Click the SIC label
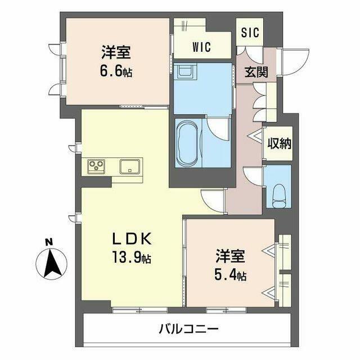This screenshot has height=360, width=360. click(250, 33)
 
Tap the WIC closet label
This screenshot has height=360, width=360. click(202, 47)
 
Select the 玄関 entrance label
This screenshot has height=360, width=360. click(256, 72)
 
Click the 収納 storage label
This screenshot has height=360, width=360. click(279, 144)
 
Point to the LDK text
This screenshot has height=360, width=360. click(132, 238)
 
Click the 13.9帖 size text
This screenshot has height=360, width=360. click(132, 258)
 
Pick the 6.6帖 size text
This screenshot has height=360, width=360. click(116, 71)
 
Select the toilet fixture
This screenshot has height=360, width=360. click(278, 196)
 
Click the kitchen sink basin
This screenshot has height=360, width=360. click(129, 166)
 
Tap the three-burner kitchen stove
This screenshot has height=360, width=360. click(96, 166)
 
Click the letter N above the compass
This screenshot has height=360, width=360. click(49, 242)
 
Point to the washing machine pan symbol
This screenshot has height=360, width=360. click(185, 72)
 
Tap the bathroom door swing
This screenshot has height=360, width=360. click(217, 128)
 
